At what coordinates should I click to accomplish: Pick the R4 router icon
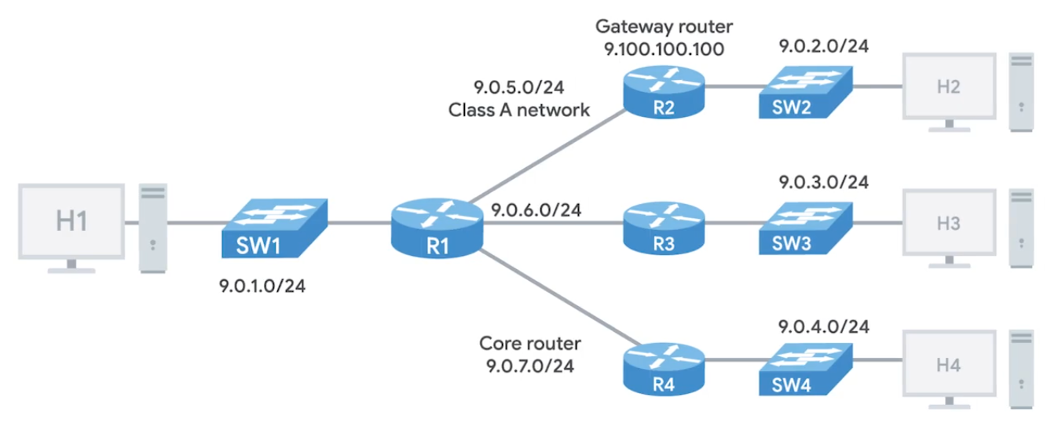click(664, 367)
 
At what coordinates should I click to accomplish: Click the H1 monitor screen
click(71, 221)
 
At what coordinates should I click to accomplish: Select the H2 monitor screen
click(949, 86)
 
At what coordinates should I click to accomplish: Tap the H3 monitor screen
click(949, 224)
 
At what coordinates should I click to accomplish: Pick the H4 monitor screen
click(949, 365)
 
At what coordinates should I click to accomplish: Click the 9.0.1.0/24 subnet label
click(262, 286)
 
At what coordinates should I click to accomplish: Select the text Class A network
click(519, 109)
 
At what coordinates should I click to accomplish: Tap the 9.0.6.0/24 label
click(536, 210)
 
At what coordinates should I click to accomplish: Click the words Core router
click(530, 344)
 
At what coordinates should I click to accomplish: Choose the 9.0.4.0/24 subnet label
click(823, 325)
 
